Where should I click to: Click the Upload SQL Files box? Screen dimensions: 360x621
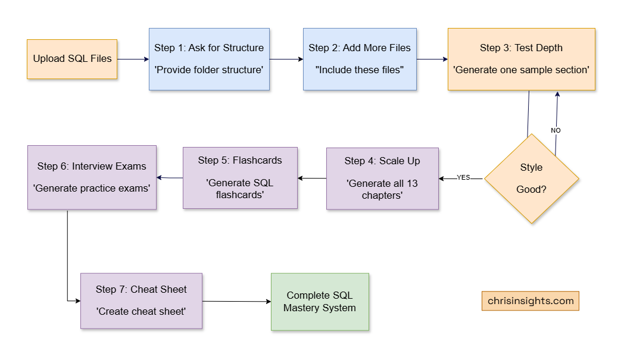[72, 59]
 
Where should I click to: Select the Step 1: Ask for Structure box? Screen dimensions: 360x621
[209, 59]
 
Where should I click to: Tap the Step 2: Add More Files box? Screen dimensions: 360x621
[360, 59]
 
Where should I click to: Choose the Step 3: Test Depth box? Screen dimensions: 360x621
[521, 59]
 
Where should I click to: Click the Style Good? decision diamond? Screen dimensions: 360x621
[531, 179]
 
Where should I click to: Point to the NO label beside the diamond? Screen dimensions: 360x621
[556, 130]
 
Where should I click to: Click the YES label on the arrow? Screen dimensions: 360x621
[463, 177]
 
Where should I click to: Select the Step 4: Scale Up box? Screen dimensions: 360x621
[382, 179]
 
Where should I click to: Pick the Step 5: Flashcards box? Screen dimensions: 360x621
[240, 178]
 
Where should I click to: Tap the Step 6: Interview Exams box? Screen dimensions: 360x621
[92, 177]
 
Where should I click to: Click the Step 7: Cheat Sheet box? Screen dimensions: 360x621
[141, 300]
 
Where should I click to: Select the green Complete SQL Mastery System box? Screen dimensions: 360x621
[320, 302]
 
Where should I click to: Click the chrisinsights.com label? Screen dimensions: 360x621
[530, 301]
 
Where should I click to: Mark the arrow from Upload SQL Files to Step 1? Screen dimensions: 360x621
[133, 59]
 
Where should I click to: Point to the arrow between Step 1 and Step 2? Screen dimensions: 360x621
[286, 59]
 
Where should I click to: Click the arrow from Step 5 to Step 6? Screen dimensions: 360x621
[170, 177]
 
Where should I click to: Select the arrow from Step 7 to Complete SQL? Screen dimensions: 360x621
[236, 301]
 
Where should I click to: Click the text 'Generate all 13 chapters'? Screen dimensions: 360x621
[382, 189]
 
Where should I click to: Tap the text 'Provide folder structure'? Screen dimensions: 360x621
[209, 70]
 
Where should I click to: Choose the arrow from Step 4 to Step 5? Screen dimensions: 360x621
[312, 178]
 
